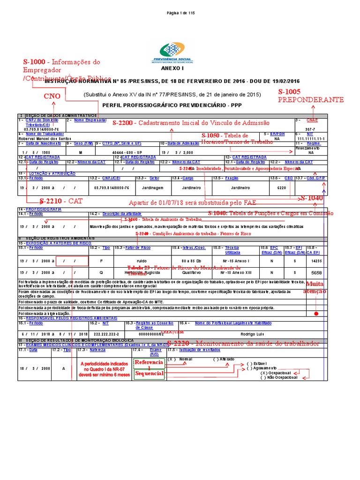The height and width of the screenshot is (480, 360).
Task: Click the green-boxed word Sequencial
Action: click(149, 374)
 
